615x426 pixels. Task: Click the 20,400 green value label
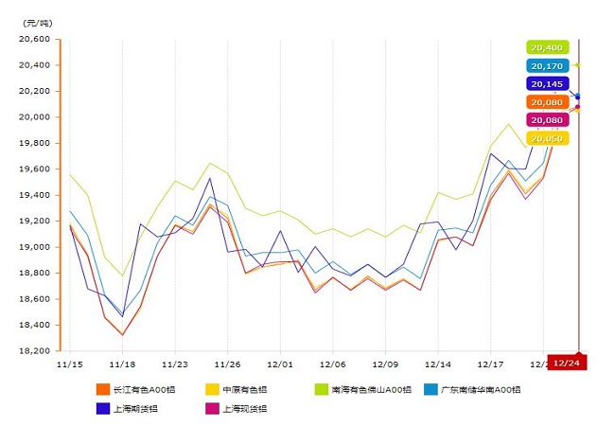pyautogui.click(x=546, y=47)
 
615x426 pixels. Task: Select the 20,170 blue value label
pyautogui.click(x=548, y=66)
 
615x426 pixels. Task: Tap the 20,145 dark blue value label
pyautogui.click(x=548, y=84)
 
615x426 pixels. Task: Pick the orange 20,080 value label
pyautogui.click(x=548, y=102)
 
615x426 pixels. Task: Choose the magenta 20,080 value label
pyautogui.click(x=548, y=120)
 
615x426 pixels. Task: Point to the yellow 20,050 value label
pyautogui.click(x=548, y=138)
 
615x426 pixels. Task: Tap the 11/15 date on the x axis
pyautogui.click(x=69, y=363)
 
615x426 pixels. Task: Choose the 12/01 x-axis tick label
pyautogui.click(x=279, y=363)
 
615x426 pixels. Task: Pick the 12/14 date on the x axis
pyautogui.click(x=437, y=363)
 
